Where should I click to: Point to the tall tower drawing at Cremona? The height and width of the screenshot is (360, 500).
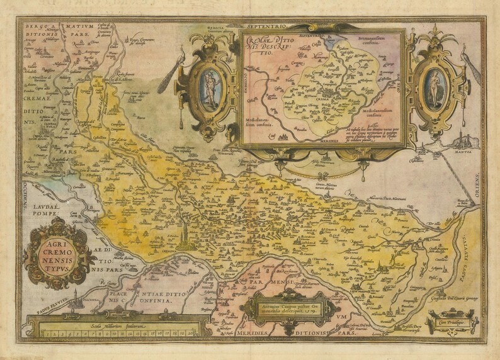[184, 234]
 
